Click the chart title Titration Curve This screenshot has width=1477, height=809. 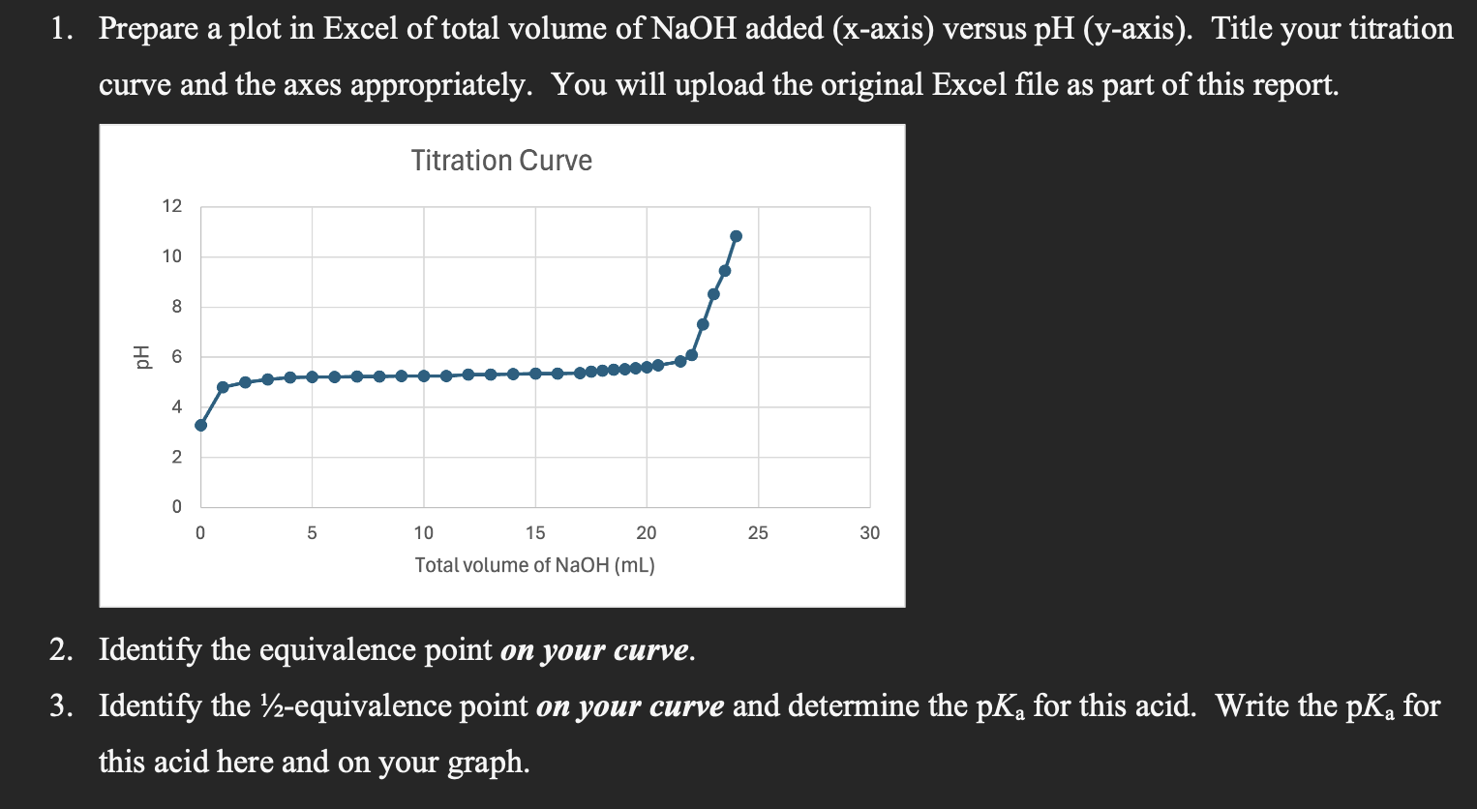[501, 161]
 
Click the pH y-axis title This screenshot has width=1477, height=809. [143, 357]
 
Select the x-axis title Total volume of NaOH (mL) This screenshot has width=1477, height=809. [534, 565]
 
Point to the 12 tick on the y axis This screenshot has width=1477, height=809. [171, 206]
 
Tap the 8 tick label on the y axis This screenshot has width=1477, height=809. [176, 307]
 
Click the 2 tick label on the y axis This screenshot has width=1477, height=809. [176, 457]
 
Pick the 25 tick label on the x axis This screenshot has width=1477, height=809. [758, 533]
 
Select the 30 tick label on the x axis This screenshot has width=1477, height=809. [869, 533]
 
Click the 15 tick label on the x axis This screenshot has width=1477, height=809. [535, 533]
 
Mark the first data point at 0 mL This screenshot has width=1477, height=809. [200, 425]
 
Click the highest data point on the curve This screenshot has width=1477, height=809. [736, 236]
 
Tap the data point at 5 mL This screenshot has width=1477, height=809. [312, 376]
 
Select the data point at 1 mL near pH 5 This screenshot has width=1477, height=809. [223, 387]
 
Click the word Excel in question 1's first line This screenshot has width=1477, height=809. [360, 29]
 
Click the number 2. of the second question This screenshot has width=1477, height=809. [62, 649]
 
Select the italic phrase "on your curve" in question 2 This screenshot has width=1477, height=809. [595, 649]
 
